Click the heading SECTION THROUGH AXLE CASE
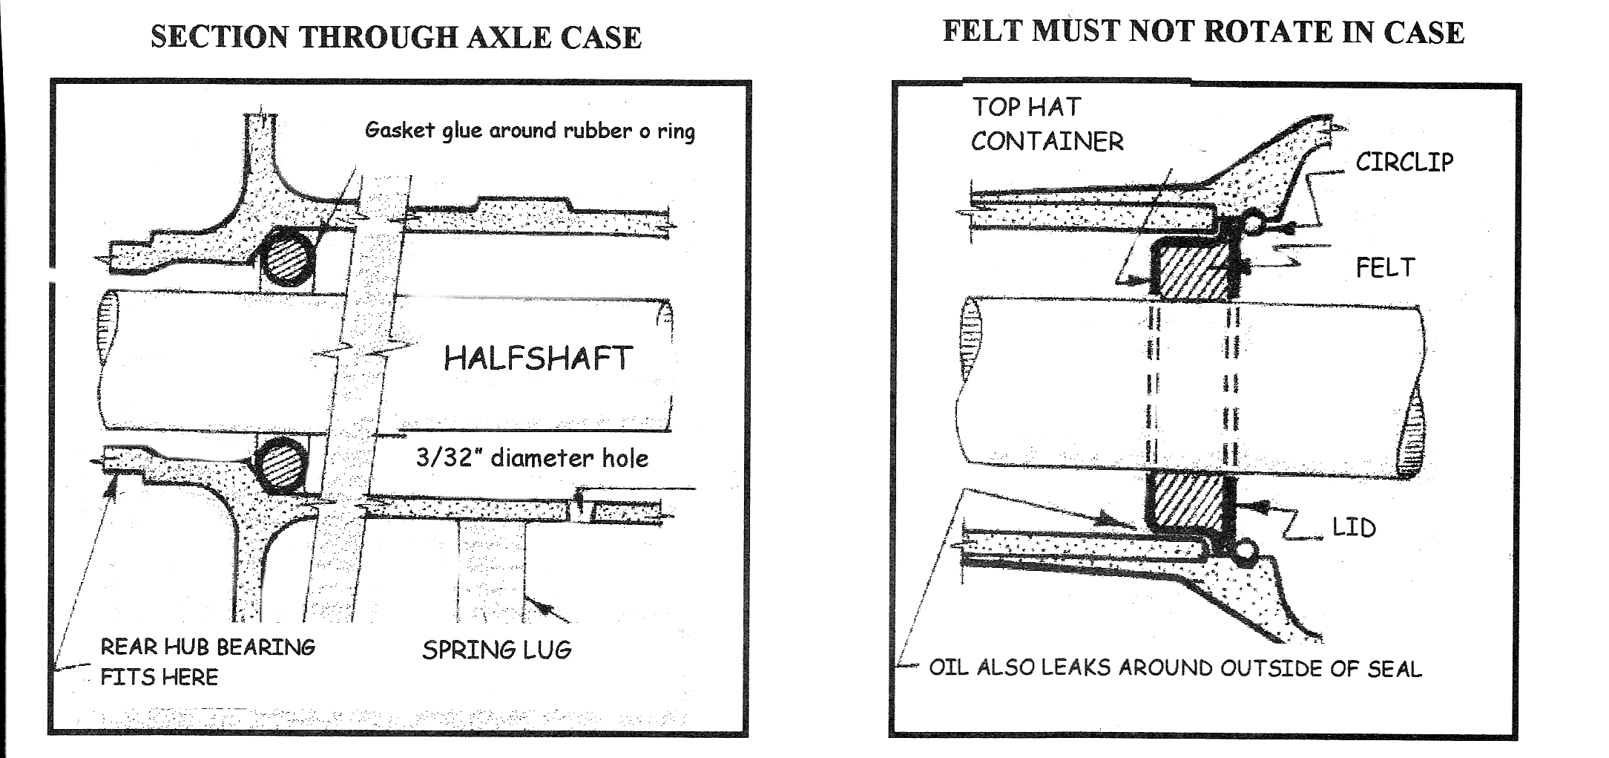[396, 37]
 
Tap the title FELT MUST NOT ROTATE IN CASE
[1203, 33]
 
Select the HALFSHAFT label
[539, 359]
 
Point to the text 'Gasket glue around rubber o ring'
[530, 131]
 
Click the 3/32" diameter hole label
[532, 458]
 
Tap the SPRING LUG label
[497, 650]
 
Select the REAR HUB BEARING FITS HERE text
[208, 661]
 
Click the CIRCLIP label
[1404, 163]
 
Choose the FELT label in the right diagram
[1385, 267]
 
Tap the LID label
[1354, 528]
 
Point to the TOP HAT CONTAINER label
[1047, 124]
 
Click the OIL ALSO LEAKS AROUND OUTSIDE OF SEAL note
[1175, 668]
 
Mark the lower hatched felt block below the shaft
[1185, 501]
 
